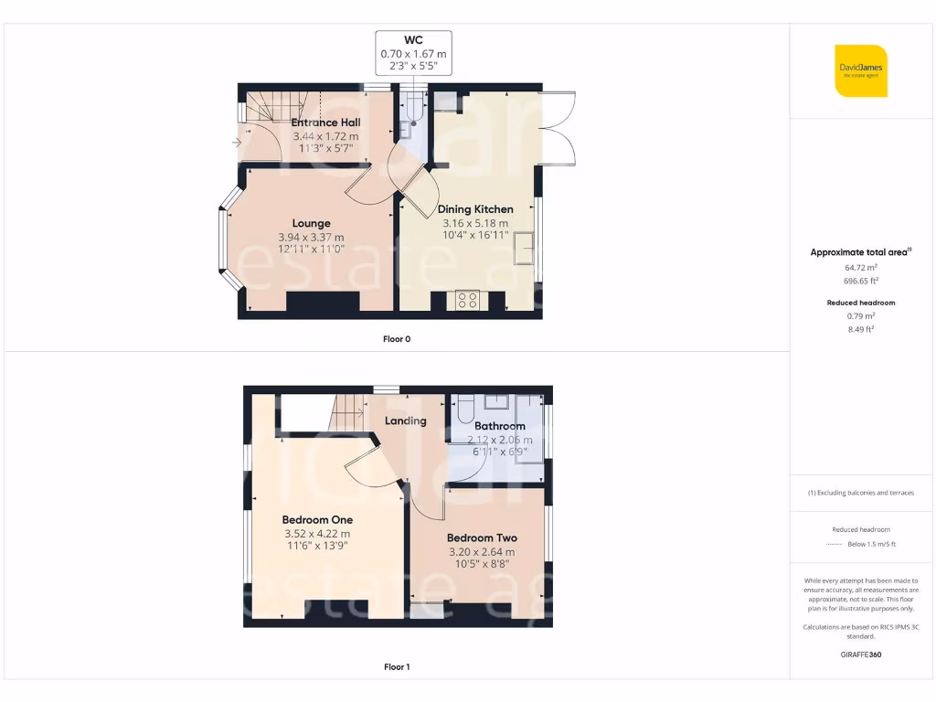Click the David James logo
click(x=861, y=70)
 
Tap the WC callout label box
click(x=414, y=54)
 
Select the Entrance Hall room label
click(x=325, y=122)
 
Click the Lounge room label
click(x=311, y=223)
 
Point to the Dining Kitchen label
click(x=475, y=209)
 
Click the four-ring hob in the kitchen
click(x=467, y=301)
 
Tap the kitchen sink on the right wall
click(x=526, y=248)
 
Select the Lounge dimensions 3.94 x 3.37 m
click(x=311, y=238)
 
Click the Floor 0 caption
click(x=397, y=339)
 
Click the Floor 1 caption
click(x=397, y=667)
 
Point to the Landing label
click(x=405, y=421)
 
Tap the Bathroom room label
click(x=500, y=426)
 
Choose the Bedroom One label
click(x=316, y=519)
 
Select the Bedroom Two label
click(x=482, y=538)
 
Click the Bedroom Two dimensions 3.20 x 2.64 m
click(x=482, y=552)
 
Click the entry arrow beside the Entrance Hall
click(x=238, y=143)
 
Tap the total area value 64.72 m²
click(x=860, y=268)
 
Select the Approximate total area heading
click(x=860, y=252)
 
